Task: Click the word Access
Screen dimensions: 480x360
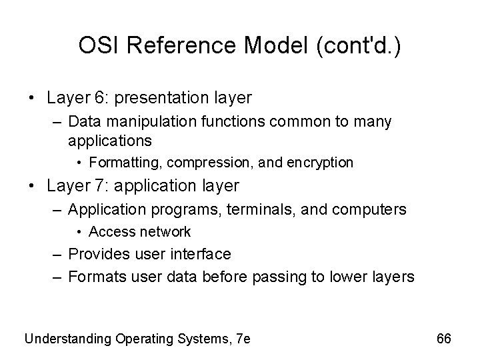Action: (109, 232)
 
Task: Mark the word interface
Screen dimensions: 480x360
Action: (199, 254)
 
